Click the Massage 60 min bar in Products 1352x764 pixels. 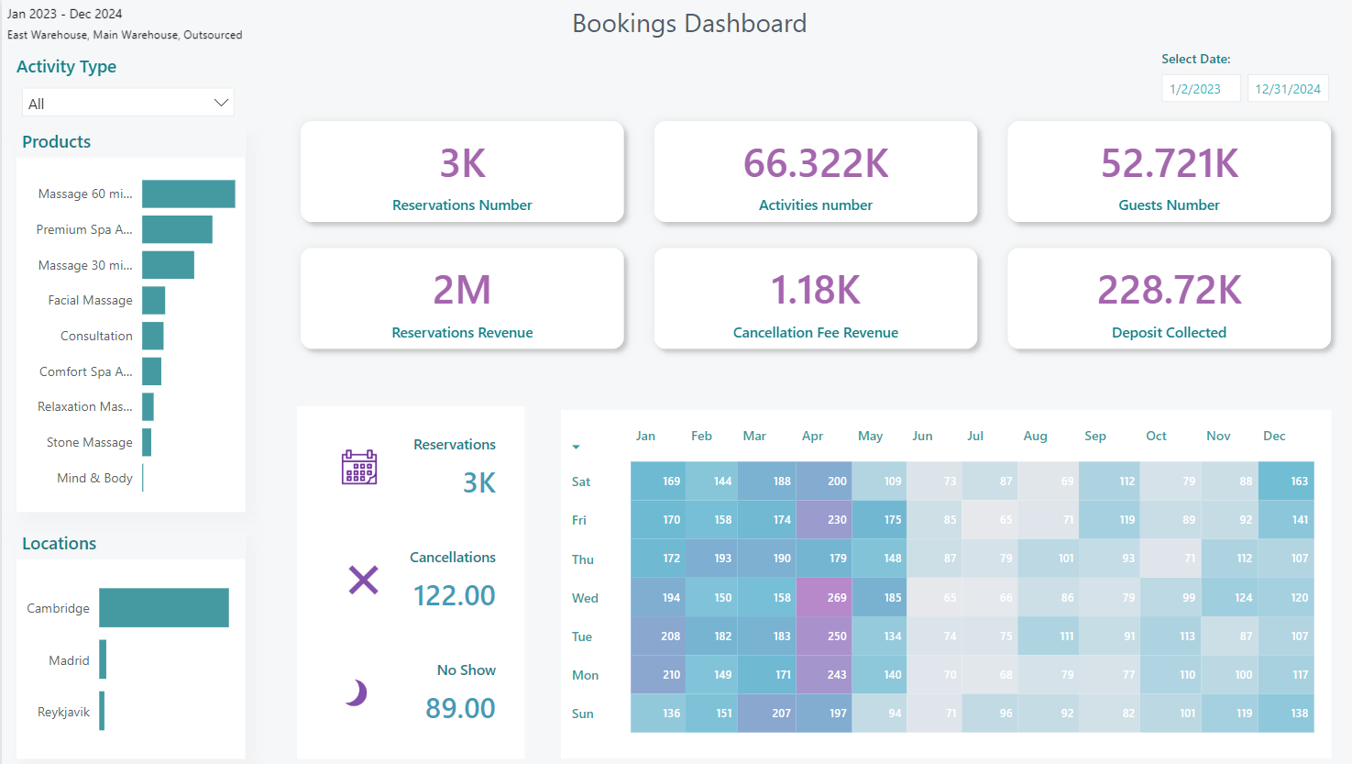tap(188, 194)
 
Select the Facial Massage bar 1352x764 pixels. tap(153, 300)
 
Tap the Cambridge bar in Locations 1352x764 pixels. tap(163, 607)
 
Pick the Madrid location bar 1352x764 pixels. tap(103, 659)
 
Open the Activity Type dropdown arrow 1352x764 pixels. tap(221, 103)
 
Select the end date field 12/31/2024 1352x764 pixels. tap(1287, 89)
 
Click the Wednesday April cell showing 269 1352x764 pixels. tap(824, 597)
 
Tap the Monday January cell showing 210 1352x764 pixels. tap(658, 674)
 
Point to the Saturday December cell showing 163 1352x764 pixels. tap(1286, 481)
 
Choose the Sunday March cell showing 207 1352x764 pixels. tap(767, 713)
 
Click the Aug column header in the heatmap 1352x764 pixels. tap(1035, 436)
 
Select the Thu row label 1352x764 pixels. tap(583, 559)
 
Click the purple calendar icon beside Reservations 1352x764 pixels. tap(359, 467)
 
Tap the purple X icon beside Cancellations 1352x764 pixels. tap(363, 580)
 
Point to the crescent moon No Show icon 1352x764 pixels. tap(357, 692)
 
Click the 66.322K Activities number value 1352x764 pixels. tap(816, 163)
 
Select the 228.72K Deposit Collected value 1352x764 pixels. tap(1169, 290)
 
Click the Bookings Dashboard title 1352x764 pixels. tap(689, 23)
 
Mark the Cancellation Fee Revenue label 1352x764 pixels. tap(816, 333)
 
